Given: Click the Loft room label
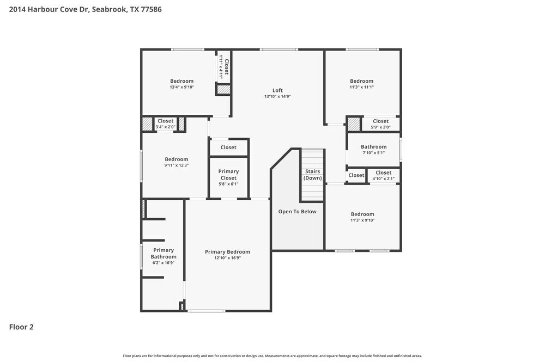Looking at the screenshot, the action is click(x=277, y=90).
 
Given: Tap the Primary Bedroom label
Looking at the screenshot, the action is click(x=227, y=252).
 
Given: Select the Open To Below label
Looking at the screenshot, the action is click(x=297, y=211).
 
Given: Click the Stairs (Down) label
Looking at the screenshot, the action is click(x=312, y=175).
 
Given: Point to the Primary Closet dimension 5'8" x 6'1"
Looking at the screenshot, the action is click(x=228, y=184).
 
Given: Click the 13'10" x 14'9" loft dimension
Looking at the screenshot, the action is click(x=277, y=96).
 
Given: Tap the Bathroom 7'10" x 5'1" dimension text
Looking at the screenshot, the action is click(x=374, y=153).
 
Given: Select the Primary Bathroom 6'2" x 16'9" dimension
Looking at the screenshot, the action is click(x=163, y=263).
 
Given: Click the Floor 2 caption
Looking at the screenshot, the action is click(x=21, y=327).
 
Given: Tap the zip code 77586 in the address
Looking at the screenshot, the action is click(x=151, y=9).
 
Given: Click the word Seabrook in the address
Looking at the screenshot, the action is click(x=109, y=9).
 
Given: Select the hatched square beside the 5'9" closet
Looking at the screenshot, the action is click(x=354, y=124).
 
